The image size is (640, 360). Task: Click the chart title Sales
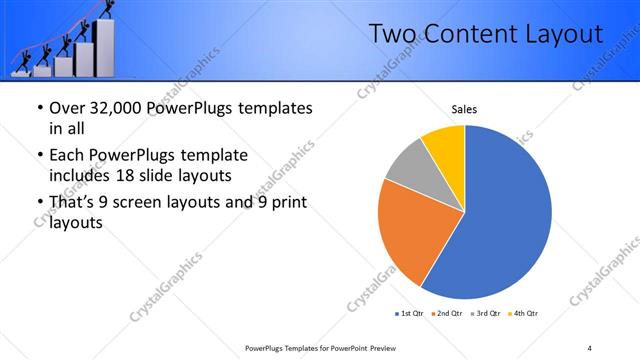pyautogui.click(x=464, y=108)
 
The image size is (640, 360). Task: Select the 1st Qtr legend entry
pyautogui.click(x=411, y=314)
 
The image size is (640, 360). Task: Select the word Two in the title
pyautogui.click(x=392, y=35)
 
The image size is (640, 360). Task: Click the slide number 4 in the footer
pyautogui.click(x=589, y=347)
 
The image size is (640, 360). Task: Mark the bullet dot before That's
pyautogui.click(x=39, y=204)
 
